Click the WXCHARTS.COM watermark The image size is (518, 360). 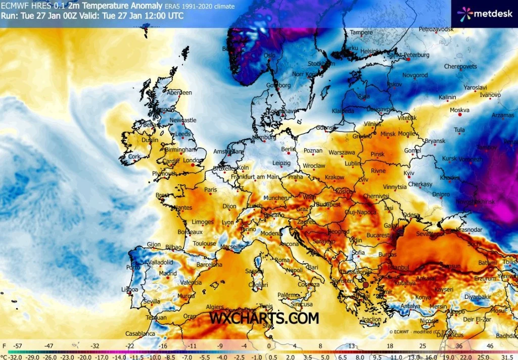264,318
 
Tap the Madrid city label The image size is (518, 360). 168,273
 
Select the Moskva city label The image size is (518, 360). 459,110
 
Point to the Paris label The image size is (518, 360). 210,189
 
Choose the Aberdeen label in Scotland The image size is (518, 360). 180,92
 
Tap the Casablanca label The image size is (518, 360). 140,334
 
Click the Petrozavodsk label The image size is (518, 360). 436,29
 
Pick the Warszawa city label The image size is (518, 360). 342,152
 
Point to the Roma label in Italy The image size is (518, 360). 282,261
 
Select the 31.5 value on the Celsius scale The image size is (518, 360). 506,355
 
